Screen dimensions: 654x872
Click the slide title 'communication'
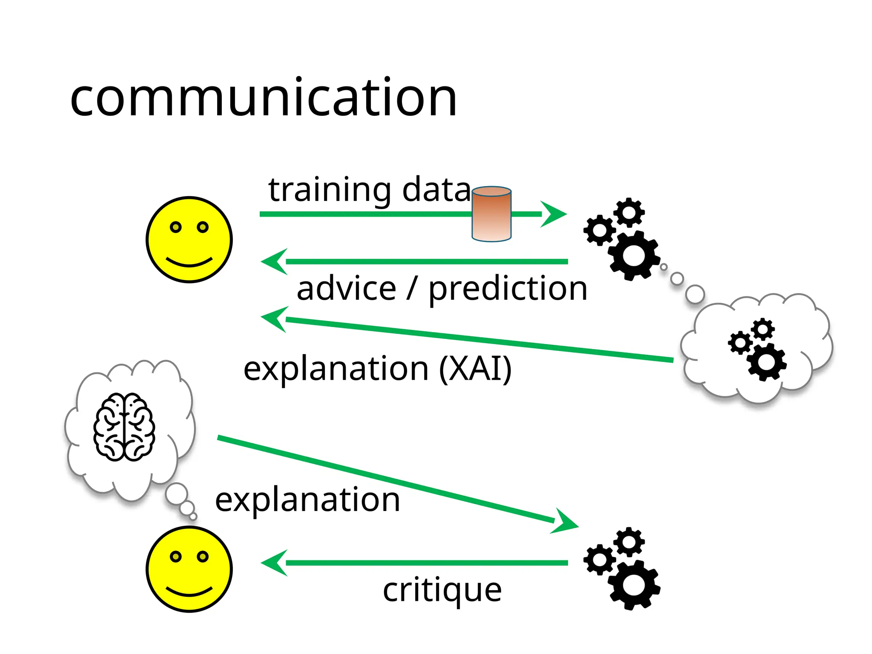pos(263,98)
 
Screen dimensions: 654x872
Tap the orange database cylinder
pos(491,214)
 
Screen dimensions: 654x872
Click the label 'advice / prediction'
pos(442,289)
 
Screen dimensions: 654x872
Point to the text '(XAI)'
pos(475,369)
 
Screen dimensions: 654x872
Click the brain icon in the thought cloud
pos(124,427)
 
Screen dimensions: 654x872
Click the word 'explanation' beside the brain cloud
pos(307,499)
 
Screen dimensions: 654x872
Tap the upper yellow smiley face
pos(189,239)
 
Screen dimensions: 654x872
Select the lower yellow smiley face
pos(189,569)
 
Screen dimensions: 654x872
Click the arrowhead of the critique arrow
pos(274,563)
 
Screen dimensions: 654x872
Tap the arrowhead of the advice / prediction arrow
pos(274,261)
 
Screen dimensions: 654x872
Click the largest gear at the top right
pos(634,255)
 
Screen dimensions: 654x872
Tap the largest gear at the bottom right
pos(634,585)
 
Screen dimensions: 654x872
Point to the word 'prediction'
pos(508,289)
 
